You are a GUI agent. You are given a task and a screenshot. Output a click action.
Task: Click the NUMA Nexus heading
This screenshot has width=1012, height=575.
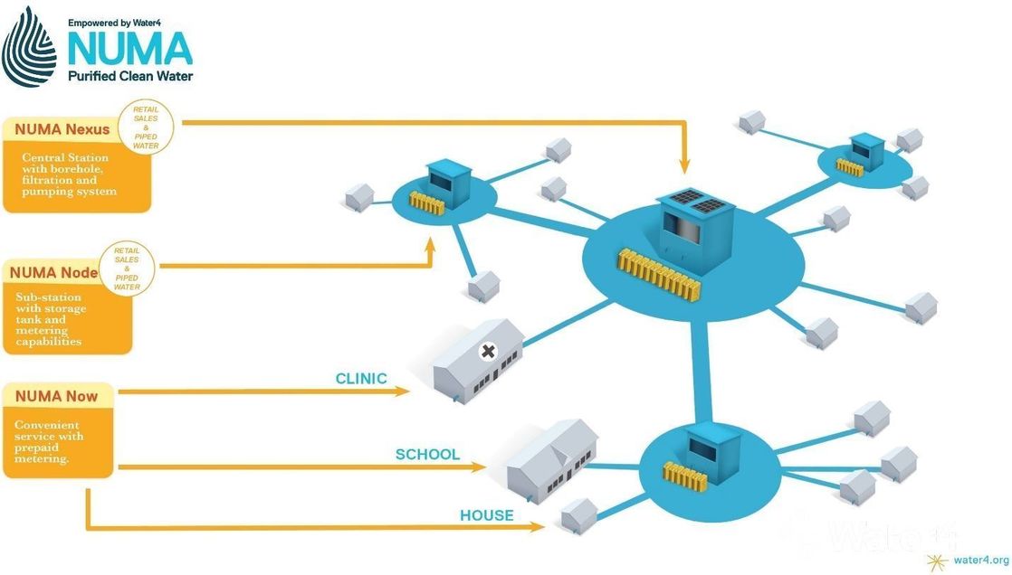[62, 129]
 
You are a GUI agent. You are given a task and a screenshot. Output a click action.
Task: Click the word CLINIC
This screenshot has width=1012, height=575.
[361, 379]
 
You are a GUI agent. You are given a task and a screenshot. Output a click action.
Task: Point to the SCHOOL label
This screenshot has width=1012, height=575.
[427, 455]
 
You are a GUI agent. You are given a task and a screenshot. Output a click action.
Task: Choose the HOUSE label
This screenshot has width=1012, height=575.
[486, 515]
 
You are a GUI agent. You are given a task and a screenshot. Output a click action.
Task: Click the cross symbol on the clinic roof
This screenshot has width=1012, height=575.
[490, 351]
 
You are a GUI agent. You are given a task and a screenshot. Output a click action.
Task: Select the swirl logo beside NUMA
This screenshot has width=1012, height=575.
[29, 47]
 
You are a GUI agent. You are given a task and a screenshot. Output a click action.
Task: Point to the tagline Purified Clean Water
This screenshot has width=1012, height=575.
[130, 76]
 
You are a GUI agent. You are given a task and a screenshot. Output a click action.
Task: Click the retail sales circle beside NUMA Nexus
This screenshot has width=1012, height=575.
[146, 127]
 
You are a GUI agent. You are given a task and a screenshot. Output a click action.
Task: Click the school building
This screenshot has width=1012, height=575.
[549, 458]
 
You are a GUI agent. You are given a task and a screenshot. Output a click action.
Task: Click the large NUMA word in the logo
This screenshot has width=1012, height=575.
[129, 48]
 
